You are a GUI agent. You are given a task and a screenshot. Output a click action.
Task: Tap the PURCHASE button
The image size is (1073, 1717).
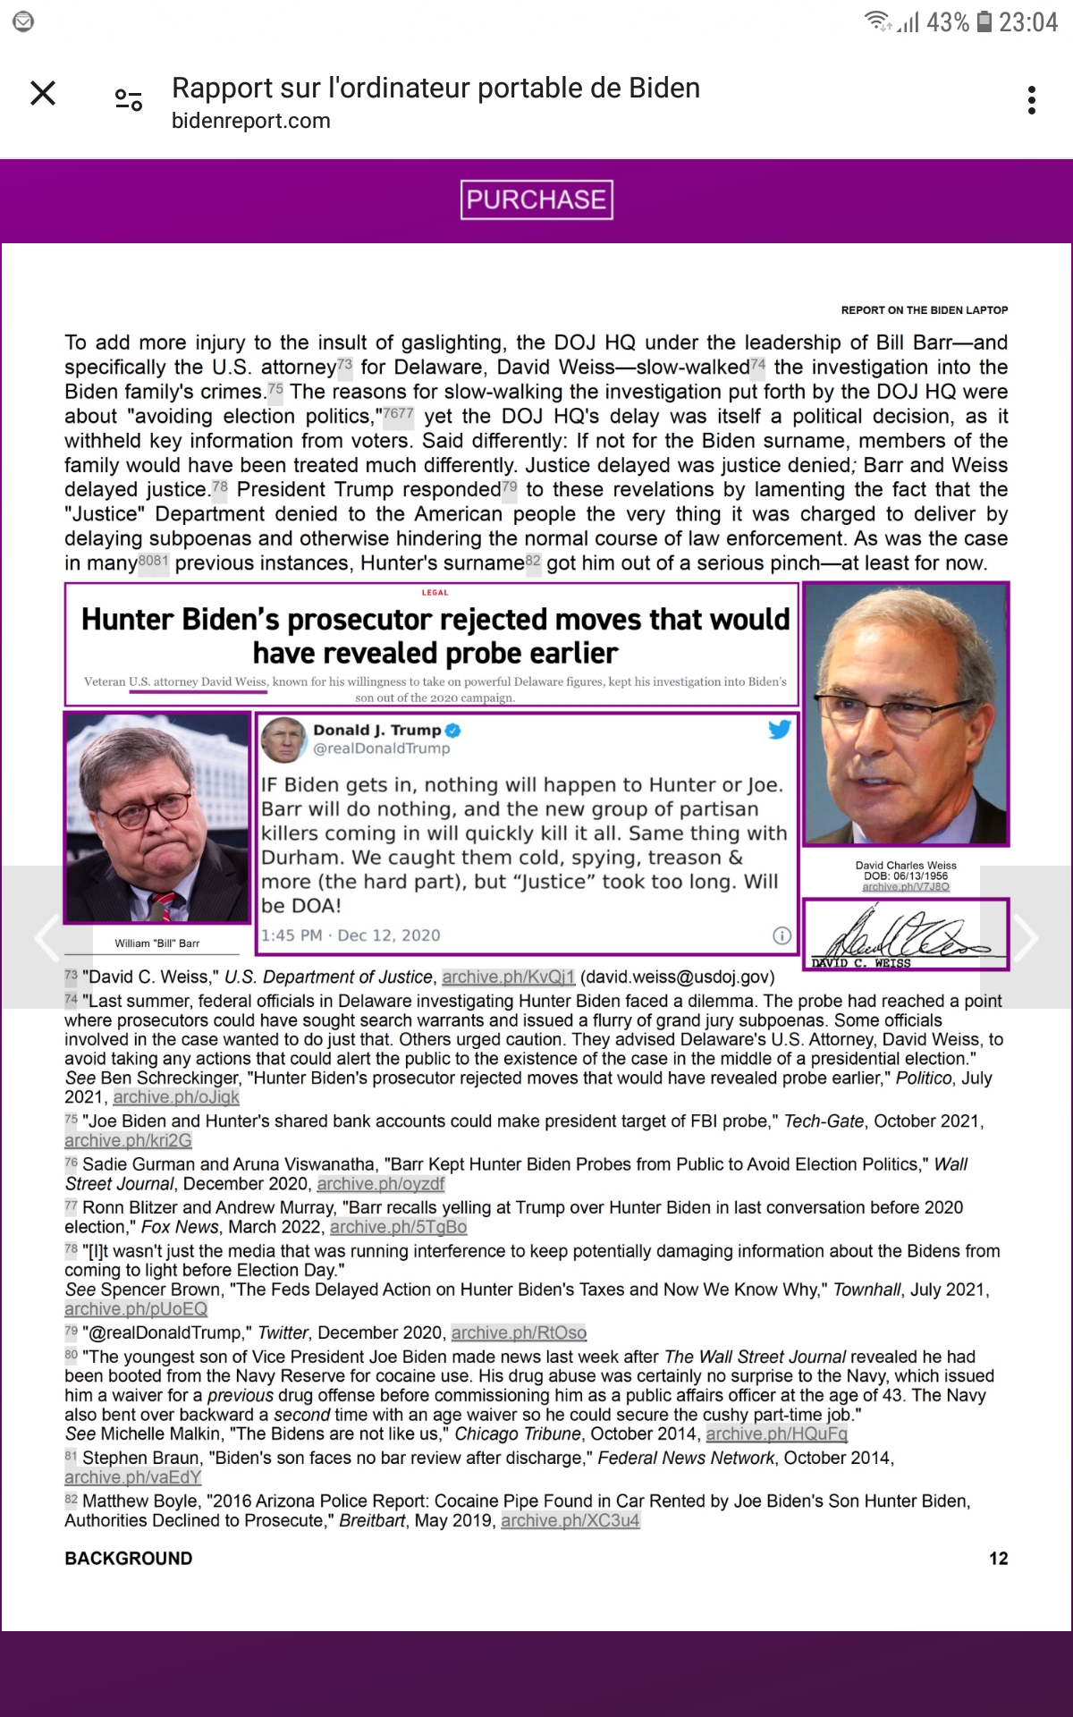point(536,199)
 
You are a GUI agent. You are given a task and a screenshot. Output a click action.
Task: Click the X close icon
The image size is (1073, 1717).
point(43,93)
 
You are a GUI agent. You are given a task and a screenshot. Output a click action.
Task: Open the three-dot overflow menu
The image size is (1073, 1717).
point(1032,100)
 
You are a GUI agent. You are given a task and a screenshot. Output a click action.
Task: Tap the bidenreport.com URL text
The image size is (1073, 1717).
point(251,121)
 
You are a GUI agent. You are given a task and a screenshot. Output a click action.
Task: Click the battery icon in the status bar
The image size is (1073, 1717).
point(984,21)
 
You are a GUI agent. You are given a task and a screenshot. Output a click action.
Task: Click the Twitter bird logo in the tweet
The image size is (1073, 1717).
point(779,730)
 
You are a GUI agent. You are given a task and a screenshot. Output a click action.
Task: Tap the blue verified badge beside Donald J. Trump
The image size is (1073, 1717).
point(452,731)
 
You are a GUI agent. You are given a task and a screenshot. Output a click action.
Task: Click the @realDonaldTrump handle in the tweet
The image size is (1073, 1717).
point(381,749)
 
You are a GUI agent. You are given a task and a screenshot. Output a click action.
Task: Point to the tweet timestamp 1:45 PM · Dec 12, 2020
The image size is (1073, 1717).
point(351,935)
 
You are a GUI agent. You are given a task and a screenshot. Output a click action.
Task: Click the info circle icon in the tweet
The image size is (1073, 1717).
point(782,935)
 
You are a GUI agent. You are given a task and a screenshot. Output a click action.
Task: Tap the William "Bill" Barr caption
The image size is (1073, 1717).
point(157,943)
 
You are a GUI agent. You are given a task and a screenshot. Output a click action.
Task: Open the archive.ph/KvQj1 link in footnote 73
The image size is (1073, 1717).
point(508,977)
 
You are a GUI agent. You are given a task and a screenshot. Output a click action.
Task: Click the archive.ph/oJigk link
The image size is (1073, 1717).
point(176,1097)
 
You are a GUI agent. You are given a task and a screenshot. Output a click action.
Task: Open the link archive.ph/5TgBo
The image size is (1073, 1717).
point(398,1227)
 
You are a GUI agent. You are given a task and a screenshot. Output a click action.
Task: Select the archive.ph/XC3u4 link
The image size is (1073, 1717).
point(570,1520)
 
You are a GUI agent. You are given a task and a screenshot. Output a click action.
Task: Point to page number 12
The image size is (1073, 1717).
point(998,1559)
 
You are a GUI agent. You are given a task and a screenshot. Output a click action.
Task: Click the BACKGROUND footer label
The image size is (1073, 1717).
point(129,1559)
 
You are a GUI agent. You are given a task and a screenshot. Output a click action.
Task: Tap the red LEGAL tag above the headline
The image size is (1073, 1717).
point(435,593)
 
